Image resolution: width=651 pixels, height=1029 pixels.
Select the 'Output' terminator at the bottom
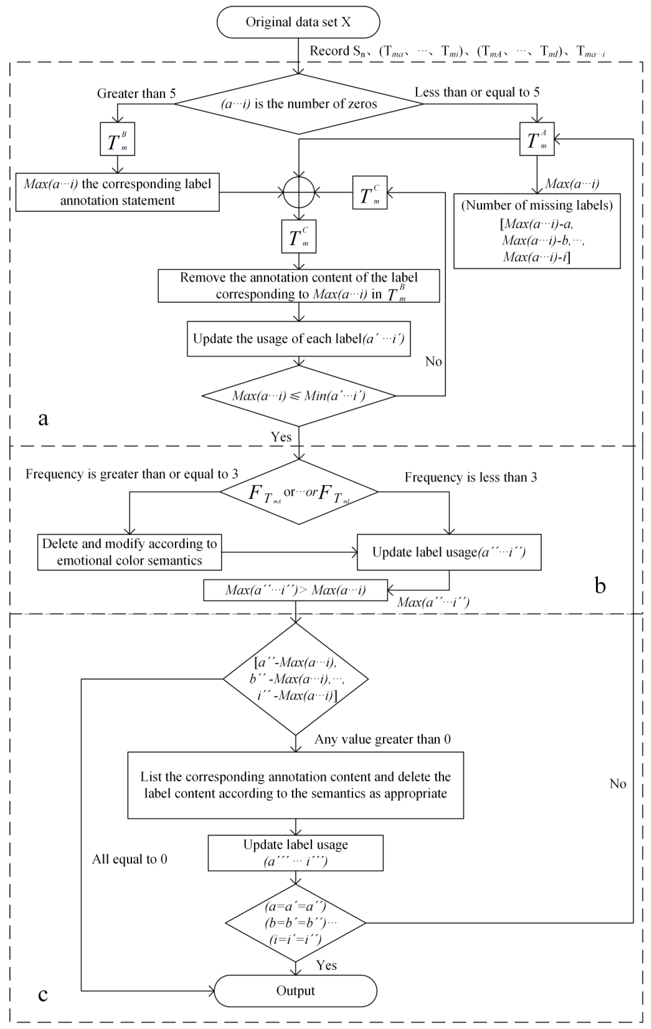295,991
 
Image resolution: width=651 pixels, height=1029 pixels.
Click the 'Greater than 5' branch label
136,93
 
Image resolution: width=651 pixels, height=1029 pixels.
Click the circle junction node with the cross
299,192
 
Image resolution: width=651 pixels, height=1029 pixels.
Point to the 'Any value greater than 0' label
382,739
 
